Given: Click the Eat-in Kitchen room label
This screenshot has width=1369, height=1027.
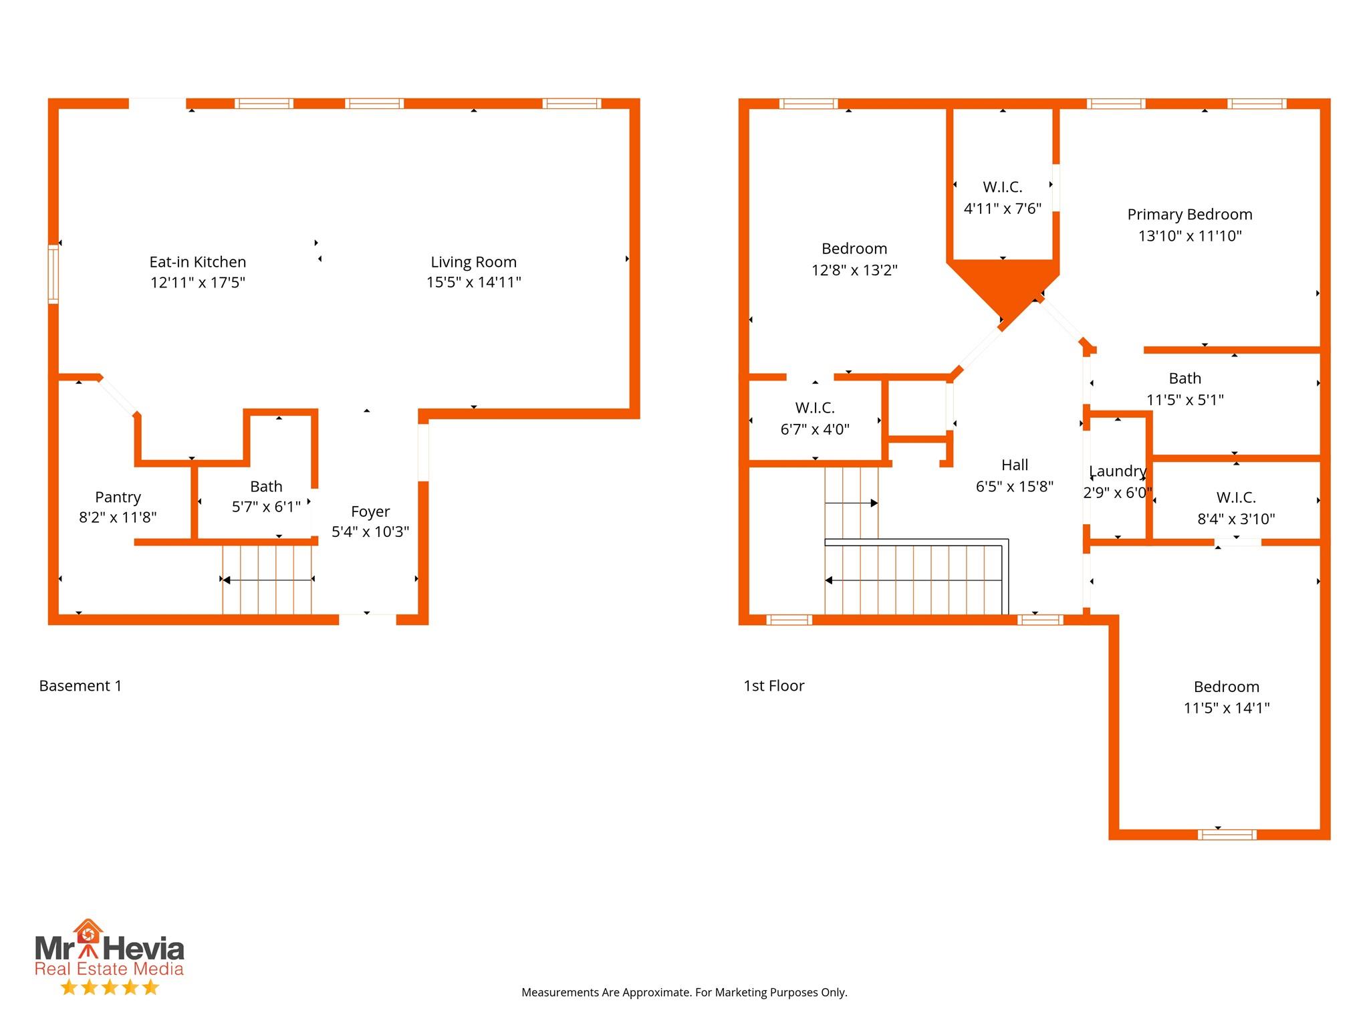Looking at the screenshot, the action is click(197, 261).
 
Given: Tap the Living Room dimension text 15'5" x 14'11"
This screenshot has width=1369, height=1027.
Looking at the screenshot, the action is click(473, 282).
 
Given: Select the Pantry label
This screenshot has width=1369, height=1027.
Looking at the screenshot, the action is click(118, 497).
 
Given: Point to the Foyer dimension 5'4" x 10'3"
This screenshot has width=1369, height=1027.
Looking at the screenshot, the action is click(370, 532).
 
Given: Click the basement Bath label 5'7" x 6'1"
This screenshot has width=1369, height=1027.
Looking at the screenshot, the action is click(266, 507).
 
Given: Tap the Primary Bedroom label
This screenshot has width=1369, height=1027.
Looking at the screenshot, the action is click(1190, 215).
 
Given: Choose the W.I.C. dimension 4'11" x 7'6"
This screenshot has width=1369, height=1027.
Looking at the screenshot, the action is click(1002, 209).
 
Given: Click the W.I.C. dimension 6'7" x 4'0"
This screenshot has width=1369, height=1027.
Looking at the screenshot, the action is click(815, 429).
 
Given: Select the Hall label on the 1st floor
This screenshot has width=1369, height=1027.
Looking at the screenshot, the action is click(1015, 465).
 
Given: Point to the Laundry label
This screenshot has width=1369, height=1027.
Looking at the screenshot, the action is click(1118, 471).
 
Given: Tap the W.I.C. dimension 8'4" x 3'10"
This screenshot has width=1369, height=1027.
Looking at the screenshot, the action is click(1236, 519).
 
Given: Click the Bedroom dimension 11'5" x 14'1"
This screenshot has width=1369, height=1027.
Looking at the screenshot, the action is click(1227, 708).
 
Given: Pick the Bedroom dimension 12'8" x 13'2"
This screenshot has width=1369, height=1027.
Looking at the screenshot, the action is click(854, 270).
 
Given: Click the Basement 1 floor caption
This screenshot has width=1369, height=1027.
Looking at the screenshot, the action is click(80, 686).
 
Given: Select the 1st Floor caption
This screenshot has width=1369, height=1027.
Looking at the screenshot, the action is click(774, 686).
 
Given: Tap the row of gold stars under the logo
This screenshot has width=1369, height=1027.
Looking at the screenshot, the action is click(110, 987).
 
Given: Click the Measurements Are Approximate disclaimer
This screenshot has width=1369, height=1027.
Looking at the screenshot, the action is click(684, 993).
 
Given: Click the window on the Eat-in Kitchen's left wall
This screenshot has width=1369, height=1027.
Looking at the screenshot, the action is click(53, 275).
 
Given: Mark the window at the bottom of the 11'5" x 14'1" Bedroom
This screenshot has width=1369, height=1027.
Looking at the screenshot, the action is click(1227, 834).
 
